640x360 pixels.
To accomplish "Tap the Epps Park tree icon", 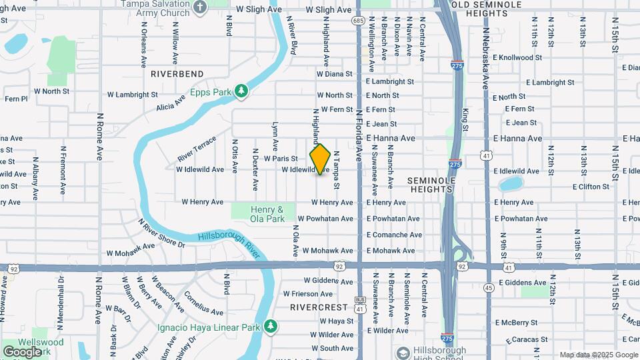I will (x=242, y=91).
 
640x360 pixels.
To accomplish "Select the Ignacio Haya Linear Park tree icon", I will (x=270, y=326).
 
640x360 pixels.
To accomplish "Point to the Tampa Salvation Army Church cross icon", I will (x=200, y=7).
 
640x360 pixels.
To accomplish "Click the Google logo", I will (x=22, y=351).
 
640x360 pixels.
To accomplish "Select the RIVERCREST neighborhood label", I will (x=319, y=307).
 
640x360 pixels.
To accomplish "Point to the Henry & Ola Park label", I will (x=267, y=213).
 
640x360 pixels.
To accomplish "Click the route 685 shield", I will (x=359, y=21).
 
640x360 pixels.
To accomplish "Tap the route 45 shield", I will (x=489, y=288).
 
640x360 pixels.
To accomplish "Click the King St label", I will (x=465, y=119).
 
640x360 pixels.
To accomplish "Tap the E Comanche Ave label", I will (x=394, y=235).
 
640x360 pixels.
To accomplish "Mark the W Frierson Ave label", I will (x=307, y=293).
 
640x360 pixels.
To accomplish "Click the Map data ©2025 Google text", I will (x=598, y=355).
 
